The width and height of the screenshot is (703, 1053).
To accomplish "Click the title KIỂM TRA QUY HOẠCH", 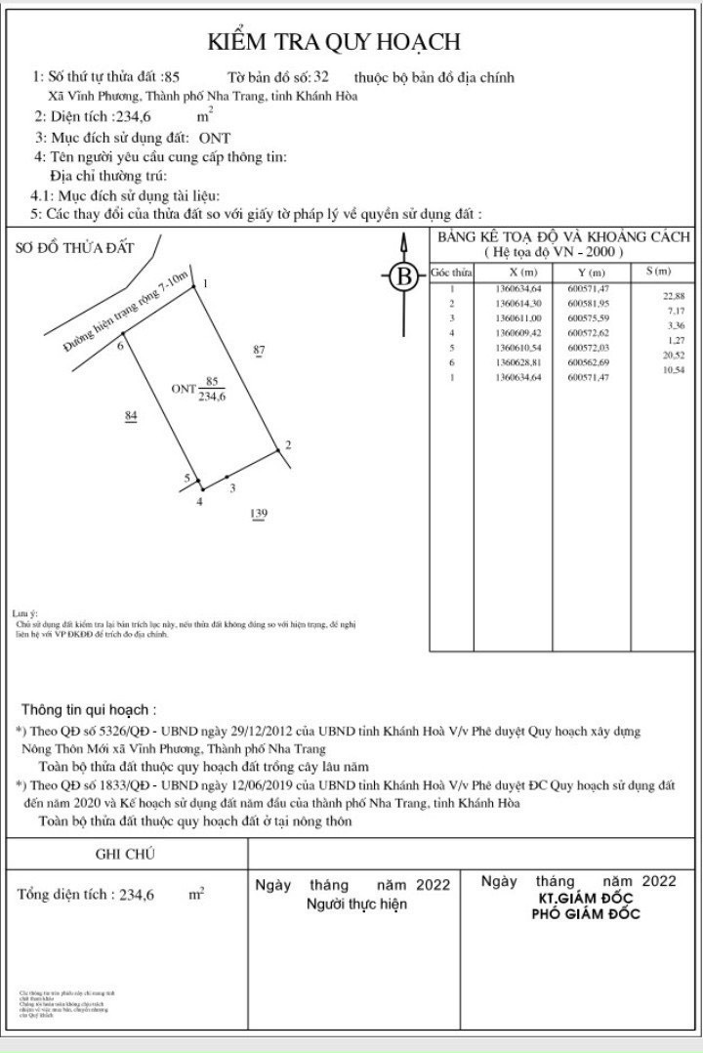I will [x=334, y=42].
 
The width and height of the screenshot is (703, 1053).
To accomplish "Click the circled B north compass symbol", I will [x=402, y=277].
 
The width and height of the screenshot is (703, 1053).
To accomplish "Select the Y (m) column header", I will [x=591, y=272].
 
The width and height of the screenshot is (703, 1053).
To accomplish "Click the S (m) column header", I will [x=658, y=271].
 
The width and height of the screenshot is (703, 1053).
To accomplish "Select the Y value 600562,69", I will [x=587, y=362].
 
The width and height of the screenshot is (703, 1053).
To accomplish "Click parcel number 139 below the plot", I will [x=259, y=514].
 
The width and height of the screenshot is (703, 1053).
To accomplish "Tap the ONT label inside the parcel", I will [x=185, y=389].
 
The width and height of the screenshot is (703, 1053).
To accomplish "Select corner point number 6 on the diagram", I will [x=120, y=346].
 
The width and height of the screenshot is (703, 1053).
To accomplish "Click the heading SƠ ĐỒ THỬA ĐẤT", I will [x=75, y=247].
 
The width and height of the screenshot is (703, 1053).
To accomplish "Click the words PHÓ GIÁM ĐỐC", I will [x=585, y=914].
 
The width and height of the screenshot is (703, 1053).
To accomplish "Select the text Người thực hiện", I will [x=356, y=905].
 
